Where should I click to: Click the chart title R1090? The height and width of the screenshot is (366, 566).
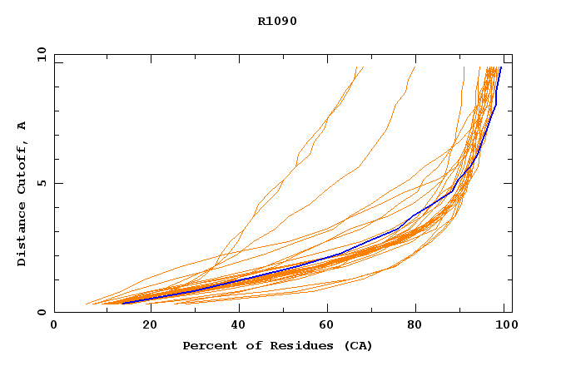[277, 21]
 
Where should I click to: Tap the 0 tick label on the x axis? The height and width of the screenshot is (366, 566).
[54, 324]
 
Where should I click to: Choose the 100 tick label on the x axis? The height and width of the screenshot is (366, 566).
[504, 324]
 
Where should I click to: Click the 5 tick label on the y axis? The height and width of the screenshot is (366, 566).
[42, 183]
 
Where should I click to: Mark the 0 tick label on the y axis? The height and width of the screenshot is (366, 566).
[42, 312]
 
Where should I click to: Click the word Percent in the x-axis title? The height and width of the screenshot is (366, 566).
[206, 345]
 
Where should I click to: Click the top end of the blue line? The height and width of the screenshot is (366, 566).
[500, 67]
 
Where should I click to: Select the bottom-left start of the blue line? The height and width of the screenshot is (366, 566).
[122, 304]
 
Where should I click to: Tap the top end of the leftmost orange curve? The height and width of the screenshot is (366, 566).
[355, 67]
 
